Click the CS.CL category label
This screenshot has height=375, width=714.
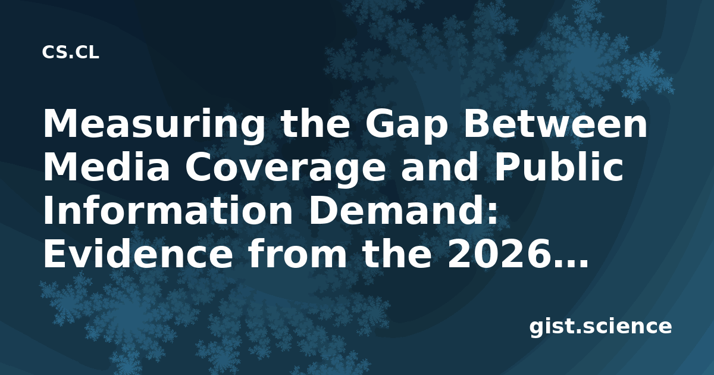point(70,52)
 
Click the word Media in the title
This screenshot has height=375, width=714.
point(106,167)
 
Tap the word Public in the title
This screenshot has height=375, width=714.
point(559,167)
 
